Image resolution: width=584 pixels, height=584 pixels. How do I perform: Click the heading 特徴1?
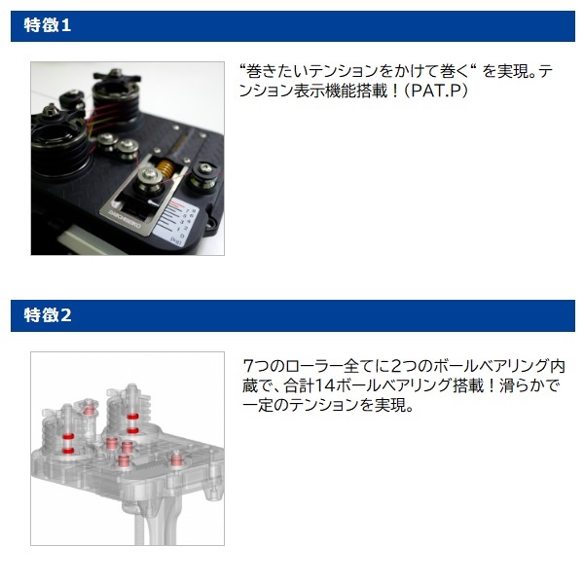tap(48, 25)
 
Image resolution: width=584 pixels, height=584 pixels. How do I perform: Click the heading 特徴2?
tap(48, 315)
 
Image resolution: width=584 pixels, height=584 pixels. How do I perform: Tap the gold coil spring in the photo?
tap(165, 168)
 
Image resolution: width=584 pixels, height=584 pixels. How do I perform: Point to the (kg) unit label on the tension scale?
tap(175, 240)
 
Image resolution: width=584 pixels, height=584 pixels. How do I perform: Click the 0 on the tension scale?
tap(181, 236)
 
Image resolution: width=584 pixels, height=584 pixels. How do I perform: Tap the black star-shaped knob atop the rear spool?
tap(117, 76)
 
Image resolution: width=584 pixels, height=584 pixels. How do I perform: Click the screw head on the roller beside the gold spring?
tap(148, 173)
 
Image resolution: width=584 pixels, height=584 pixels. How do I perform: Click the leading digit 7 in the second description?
tap(247, 366)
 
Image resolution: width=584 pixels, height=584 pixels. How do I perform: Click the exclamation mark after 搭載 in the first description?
tap(394, 91)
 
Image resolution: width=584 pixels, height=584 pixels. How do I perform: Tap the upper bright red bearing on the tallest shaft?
tap(132, 416)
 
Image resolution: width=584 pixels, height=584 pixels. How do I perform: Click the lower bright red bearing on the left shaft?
tap(68, 451)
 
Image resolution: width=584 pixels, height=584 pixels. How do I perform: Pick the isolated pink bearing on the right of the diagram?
tap(176, 460)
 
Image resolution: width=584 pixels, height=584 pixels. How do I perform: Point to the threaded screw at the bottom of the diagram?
tap(139, 529)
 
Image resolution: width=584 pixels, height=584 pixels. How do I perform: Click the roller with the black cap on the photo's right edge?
tap(204, 176)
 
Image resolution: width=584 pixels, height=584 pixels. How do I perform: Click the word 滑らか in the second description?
tap(524, 385)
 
